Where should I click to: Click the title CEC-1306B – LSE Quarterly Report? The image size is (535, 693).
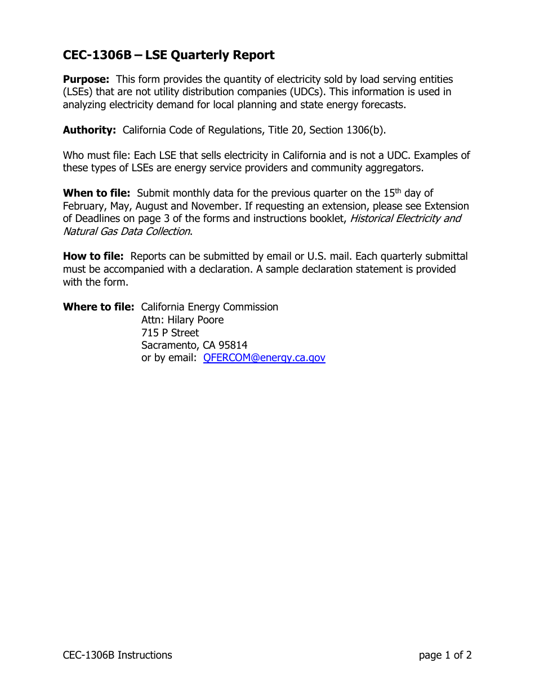tap(168, 55)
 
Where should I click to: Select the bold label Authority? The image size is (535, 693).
tap(89, 130)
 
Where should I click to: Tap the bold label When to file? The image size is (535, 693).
tap(96, 193)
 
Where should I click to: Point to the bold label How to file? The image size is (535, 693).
tap(93, 256)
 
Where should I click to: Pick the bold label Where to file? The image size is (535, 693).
tap(99, 307)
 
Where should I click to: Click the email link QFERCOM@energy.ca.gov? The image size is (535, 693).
tap(264, 358)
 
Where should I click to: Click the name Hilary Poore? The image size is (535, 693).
tap(195, 320)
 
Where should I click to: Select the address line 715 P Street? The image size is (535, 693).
tap(170, 333)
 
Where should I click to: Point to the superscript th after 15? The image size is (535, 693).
tap(398, 190)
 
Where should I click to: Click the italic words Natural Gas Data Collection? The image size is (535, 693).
tap(126, 232)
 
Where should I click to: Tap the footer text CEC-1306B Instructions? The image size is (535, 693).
tap(117, 655)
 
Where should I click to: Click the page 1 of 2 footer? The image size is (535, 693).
tap(445, 655)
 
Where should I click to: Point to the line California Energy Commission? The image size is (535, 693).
tap(209, 307)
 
